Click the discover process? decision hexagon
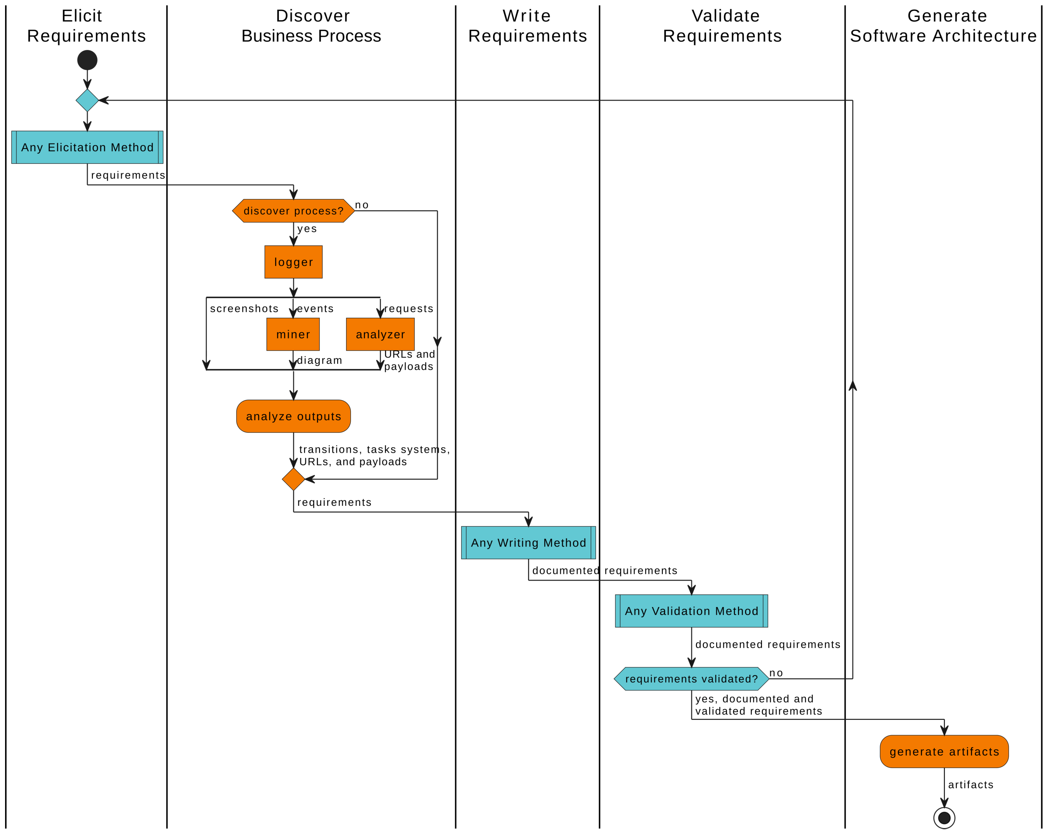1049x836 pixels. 293,211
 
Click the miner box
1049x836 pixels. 293,334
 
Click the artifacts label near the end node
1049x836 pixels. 970,785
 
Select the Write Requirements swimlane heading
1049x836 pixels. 527,26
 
